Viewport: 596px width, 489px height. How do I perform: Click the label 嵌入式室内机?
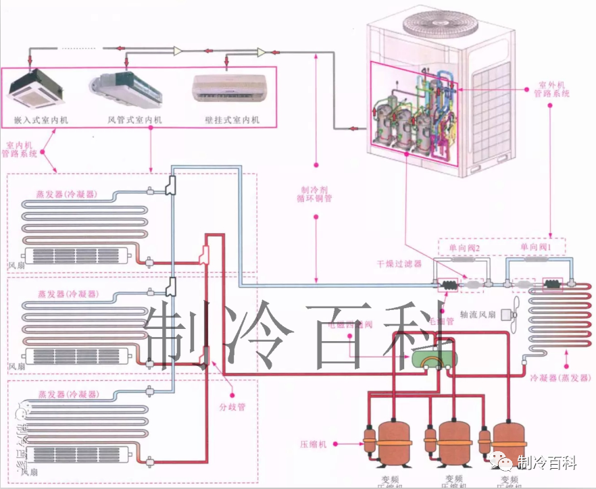pos(41,120)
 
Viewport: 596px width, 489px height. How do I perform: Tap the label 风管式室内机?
pos(134,120)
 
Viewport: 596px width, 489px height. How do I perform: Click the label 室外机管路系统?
pos(553,89)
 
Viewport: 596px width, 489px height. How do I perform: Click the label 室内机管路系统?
pos(20,149)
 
